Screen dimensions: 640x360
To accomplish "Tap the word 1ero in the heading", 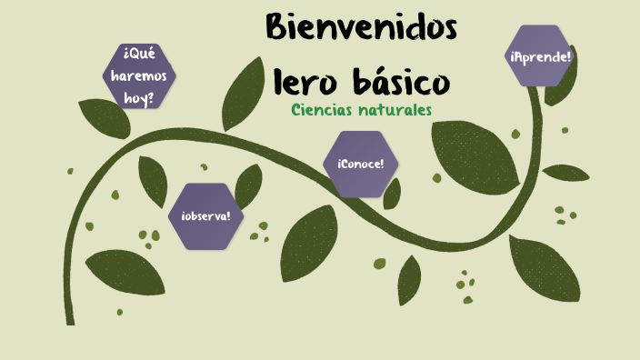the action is click(306, 84).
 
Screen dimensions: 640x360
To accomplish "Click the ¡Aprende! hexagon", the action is click(540, 56).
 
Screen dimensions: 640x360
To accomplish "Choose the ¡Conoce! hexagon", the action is click(360, 164).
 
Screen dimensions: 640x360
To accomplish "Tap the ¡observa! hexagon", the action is click(205, 216).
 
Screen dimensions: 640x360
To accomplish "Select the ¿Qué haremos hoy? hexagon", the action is click(139, 75).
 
